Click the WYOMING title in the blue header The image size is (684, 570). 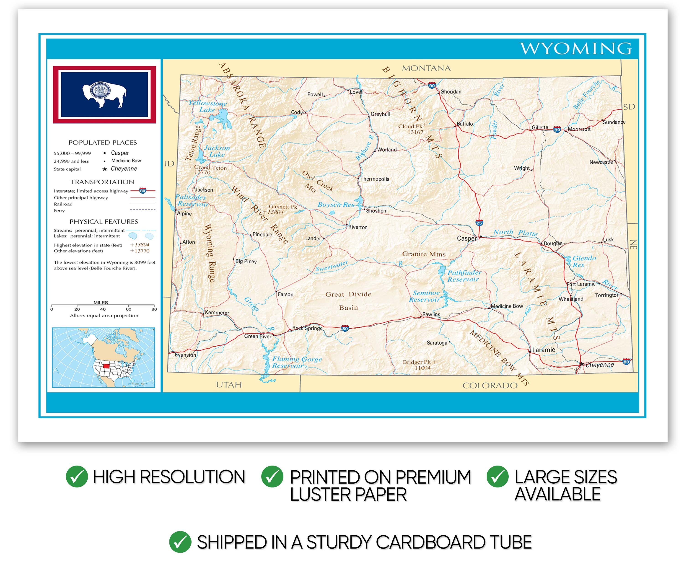(575, 49)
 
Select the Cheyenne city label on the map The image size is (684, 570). (599, 365)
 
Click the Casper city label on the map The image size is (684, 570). (466, 238)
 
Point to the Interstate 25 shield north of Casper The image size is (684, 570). (479, 223)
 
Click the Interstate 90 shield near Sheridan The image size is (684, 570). (432, 86)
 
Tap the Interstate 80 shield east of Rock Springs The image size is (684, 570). (345, 328)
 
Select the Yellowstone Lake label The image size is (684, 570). (208, 106)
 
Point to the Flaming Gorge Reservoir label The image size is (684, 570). (296, 362)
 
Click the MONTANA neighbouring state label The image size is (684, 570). (426, 68)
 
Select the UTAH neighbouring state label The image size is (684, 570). (229, 385)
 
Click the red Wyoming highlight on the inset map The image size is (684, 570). (106, 366)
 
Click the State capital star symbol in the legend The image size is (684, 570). (105, 169)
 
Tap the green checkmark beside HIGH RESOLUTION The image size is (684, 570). (77, 477)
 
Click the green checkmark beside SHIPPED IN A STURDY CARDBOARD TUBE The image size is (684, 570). (180, 542)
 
